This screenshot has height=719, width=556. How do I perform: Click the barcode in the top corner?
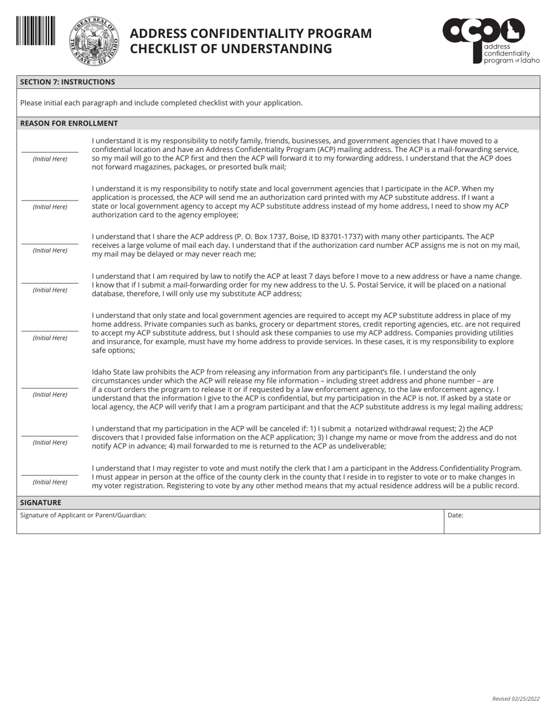pos(36,31)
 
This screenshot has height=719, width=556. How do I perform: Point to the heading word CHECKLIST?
pos(164,49)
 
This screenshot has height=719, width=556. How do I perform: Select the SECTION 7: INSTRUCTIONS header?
pos(67,82)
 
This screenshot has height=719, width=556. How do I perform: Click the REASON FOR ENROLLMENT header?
pos(69,123)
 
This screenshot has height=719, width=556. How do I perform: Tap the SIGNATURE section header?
pos(40,503)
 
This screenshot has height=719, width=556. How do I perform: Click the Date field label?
pos(455,516)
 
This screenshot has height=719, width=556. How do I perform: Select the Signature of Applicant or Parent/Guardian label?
pos(83,516)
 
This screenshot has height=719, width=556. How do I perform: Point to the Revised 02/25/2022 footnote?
pos(516,699)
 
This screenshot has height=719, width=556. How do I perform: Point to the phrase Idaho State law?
pos(119,372)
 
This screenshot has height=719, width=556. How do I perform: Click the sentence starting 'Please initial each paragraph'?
pos(161,103)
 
